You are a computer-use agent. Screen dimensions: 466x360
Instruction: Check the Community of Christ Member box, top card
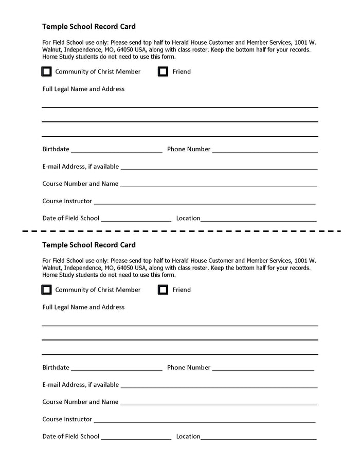(46, 71)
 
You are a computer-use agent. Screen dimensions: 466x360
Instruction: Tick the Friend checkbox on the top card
(163, 71)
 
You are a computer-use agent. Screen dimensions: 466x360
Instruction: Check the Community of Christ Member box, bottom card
(46, 290)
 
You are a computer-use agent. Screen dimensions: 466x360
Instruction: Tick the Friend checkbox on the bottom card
(163, 290)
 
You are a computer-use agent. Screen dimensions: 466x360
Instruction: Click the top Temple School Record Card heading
(89, 26)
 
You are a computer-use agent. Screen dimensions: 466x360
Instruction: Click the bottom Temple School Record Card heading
(89, 245)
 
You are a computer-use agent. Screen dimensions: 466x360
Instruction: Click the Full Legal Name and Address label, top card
(83, 89)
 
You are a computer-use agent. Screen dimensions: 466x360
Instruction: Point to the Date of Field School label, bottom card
(70, 436)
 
